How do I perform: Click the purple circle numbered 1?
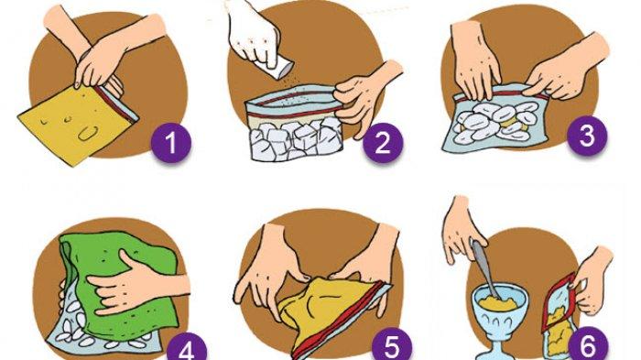(x=171, y=143)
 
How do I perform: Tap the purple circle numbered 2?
(x=383, y=143)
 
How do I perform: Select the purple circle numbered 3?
(x=587, y=136)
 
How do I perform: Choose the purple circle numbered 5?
(x=392, y=347)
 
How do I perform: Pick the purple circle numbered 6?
(x=589, y=347)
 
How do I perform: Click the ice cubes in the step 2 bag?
(x=295, y=139)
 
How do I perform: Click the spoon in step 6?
(x=485, y=270)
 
